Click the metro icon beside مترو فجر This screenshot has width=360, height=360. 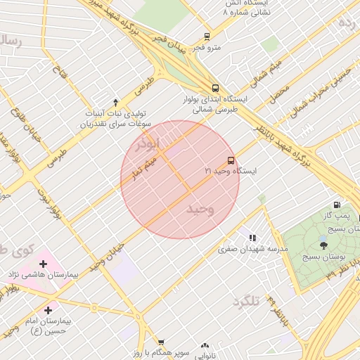coord(207,36)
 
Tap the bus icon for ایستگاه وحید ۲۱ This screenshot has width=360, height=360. coord(231,160)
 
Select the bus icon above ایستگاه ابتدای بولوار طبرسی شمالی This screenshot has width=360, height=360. coord(215,89)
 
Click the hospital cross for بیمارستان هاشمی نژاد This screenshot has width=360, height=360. coord(44,264)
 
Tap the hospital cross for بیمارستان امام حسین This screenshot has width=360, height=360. coord(48,310)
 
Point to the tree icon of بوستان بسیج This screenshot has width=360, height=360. coord(323,245)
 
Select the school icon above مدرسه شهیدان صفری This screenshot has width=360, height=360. coord(252,238)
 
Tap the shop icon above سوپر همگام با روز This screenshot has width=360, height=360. coord(161,342)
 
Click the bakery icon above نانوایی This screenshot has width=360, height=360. coord(205,346)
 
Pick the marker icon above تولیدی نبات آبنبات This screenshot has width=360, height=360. coord(116,103)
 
